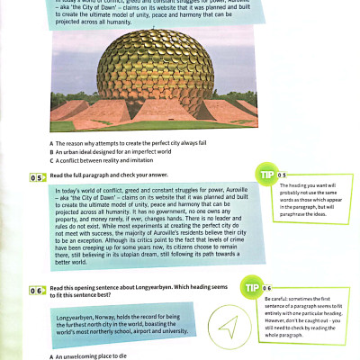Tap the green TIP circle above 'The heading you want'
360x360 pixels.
pos(267,173)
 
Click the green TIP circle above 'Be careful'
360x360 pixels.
pos(253,287)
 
